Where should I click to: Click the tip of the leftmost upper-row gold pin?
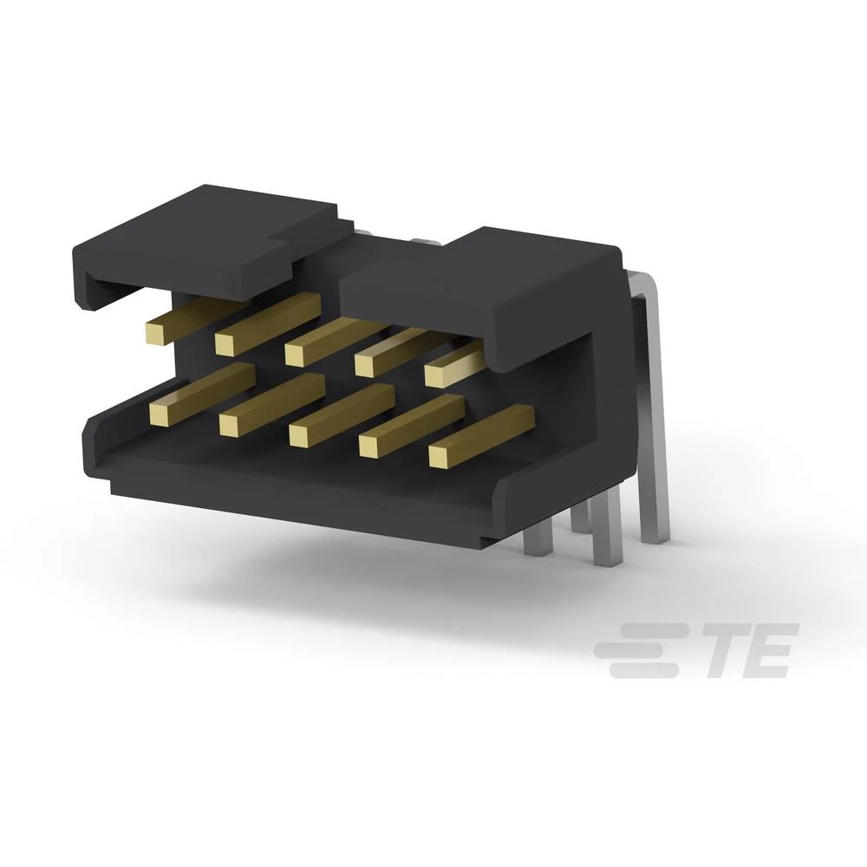coord(158,331)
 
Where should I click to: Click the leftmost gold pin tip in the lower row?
coord(162,414)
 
